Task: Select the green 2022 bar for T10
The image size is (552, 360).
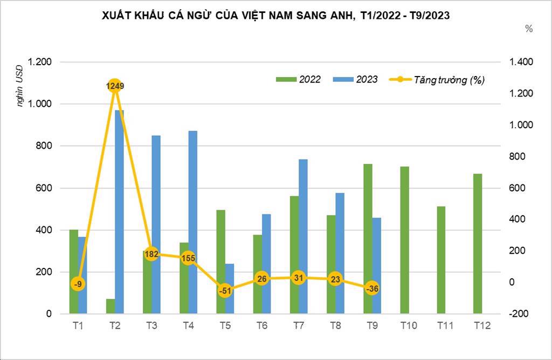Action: [404, 240]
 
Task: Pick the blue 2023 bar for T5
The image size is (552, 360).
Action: [230, 288]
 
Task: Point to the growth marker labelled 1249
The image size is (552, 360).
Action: [114, 86]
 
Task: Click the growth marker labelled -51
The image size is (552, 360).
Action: [225, 290]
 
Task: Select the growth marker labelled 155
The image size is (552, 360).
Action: [188, 258]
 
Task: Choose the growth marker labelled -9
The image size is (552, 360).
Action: [78, 284]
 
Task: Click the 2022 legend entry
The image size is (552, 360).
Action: [299, 79]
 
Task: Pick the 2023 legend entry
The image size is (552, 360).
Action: [356, 79]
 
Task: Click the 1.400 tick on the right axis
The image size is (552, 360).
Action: [521, 62]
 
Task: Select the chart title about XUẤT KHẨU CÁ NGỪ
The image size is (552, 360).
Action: [275, 16]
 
